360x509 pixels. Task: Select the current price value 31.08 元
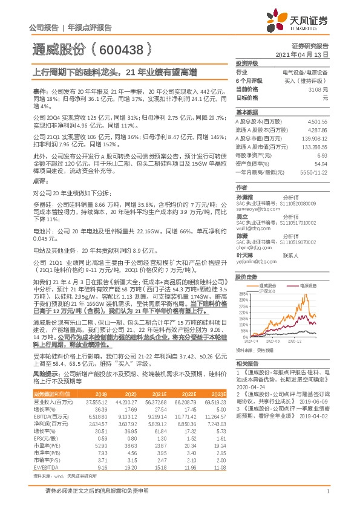318,89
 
